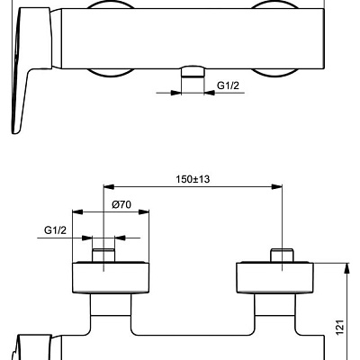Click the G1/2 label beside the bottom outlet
point(228,85)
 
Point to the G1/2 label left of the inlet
point(55,231)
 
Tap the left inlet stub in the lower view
point(104,253)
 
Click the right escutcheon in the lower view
point(275,276)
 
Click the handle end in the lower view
point(27,346)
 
